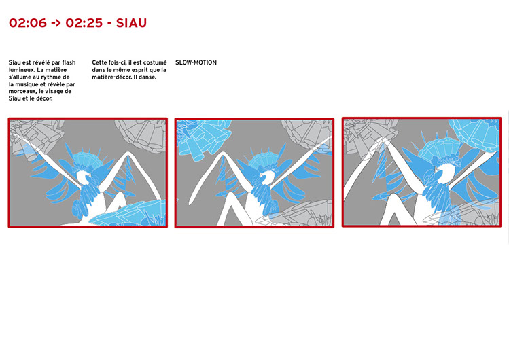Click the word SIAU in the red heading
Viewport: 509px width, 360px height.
pyautogui.click(x=131, y=23)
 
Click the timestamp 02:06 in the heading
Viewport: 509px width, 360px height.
pyautogui.click(x=28, y=23)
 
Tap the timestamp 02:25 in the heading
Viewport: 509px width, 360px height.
pyautogui.click(x=84, y=23)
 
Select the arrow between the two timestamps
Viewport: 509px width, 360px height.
pyautogui.click(x=56, y=23)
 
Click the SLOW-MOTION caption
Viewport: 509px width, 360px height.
pyautogui.click(x=196, y=62)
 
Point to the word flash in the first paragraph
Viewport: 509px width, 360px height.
pyautogui.click(x=69, y=62)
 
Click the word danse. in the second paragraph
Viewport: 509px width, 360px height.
pyautogui.click(x=148, y=77)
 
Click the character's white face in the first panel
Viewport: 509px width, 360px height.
pyautogui.click(x=84, y=178)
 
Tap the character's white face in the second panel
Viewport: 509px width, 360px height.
pyautogui.click(x=268, y=178)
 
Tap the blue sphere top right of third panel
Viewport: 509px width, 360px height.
pyautogui.click(x=474, y=133)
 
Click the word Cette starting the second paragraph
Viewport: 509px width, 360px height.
pyautogui.click(x=99, y=62)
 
